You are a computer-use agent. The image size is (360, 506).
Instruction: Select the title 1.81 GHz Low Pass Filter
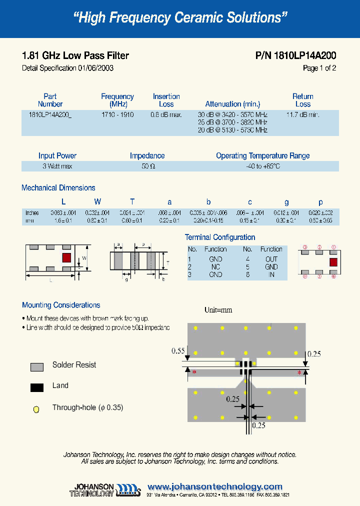tap(75, 55)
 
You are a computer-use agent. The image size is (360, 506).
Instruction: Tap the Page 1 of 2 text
tap(319, 68)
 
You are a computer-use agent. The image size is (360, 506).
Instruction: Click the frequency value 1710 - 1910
tap(117, 114)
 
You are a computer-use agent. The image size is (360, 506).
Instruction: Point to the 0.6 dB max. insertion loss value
tap(166, 114)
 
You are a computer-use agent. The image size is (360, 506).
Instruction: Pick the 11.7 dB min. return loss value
tap(302, 114)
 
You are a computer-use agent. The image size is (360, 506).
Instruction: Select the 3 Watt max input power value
tap(57, 166)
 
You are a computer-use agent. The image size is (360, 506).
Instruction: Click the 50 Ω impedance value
tap(148, 166)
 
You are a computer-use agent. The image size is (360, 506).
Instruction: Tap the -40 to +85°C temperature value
tap(262, 166)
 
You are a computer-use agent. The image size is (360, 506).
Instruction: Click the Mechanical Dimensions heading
tap(58, 188)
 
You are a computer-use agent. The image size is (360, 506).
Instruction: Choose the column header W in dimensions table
tap(97, 201)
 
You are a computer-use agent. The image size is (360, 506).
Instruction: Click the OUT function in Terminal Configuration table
tap(271, 259)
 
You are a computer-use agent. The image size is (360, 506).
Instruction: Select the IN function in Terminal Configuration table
tap(271, 274)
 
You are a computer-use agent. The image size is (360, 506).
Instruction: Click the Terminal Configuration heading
tap(220, 237)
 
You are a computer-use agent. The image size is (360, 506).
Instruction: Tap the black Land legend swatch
tap(36, 387)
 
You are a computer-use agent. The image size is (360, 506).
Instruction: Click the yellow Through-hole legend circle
tap(36, 409)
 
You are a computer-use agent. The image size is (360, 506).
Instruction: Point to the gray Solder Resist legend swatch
tap(36, 366)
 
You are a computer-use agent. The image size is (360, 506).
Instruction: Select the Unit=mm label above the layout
tap(218, 309)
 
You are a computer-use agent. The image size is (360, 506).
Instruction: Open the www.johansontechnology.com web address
tap(215, 486)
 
